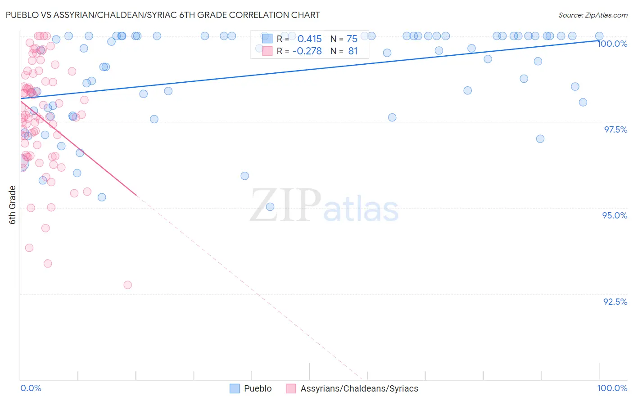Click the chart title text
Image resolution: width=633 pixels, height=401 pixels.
point(163,15)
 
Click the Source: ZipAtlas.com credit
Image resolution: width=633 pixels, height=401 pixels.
point(592,15)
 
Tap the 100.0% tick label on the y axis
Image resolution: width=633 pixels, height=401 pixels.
point(612,44)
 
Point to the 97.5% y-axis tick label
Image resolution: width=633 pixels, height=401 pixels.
point(615,129)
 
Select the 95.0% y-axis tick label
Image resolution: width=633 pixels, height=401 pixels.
point(615,215)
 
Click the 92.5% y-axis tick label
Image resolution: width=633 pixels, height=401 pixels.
point(615,302)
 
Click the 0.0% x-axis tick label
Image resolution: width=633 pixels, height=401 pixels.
point(31,388)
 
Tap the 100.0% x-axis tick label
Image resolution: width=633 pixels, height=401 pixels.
point(612,388)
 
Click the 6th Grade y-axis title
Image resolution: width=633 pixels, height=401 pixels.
point(13,205)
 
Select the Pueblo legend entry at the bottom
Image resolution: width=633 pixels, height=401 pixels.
point(258,388)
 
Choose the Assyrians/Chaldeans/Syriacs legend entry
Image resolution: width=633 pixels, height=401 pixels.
point(359,388)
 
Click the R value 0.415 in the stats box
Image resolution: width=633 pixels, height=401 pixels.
point(309,39)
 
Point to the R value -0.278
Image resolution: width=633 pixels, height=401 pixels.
point(307,51)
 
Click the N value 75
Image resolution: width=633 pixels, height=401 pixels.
point(352,39)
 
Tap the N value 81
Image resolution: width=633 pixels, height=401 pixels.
point(353,51)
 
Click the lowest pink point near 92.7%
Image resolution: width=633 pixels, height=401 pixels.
point(128,285)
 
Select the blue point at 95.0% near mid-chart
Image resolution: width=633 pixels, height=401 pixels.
point(270,207)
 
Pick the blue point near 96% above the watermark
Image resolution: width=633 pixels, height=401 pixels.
point(245,176)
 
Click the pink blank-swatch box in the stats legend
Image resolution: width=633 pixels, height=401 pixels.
point(267,51)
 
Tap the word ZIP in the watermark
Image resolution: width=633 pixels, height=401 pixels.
point(285,205)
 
